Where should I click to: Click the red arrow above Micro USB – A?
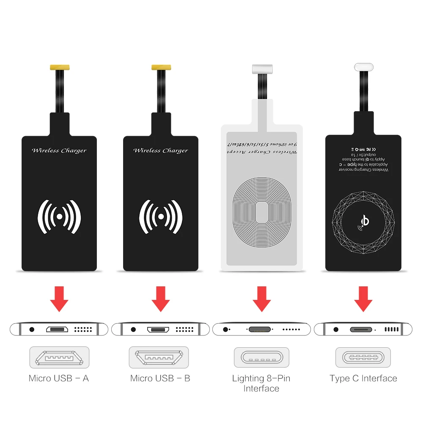tap(59, 299)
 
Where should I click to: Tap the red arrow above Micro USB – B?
tap(160, 299)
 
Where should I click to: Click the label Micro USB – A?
tap(59, 378)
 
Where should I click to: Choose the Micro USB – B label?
tap(160, 378)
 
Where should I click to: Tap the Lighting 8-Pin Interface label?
tap(261, 383)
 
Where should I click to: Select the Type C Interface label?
tap(363, 378)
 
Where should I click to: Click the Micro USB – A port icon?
tap(59, 357)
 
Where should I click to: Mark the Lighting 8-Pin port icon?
tap(261, 357)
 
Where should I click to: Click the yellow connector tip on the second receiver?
tap(161, 67)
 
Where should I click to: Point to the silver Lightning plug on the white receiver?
tap(262, 68)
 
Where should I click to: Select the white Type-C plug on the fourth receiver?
tap(364, 67)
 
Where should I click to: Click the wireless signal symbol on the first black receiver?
tap(60, 216)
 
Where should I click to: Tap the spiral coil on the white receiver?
tap(262, 211)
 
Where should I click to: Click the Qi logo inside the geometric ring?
tap(363, 221)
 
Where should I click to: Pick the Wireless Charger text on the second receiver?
tap(160, 151)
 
